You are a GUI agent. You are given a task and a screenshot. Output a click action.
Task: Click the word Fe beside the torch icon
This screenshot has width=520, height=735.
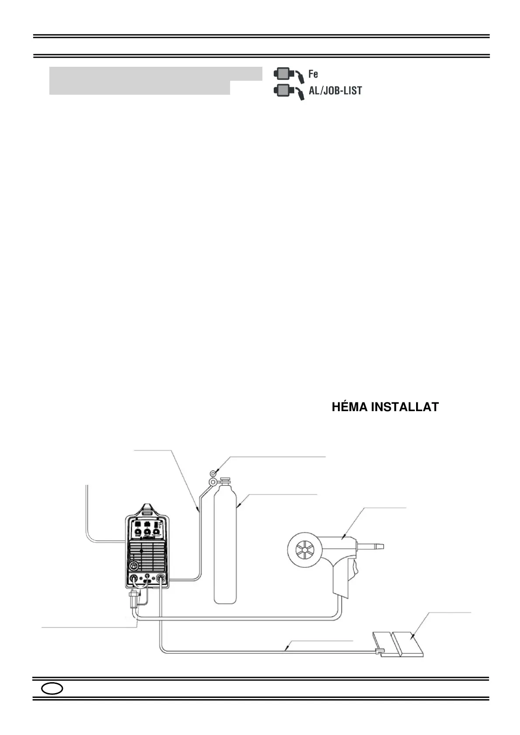tap(313, 74)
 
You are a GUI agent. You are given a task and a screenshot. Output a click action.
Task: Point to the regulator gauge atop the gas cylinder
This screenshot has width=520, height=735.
tap(214, 472)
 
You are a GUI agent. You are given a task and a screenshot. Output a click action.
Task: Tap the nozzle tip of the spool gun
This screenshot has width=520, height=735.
tap(379, 546)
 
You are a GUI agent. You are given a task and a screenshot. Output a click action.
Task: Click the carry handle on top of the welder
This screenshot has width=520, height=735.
tap(147, 508)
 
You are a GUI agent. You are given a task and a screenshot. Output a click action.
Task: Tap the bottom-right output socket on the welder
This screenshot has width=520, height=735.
tap(161, 579)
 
